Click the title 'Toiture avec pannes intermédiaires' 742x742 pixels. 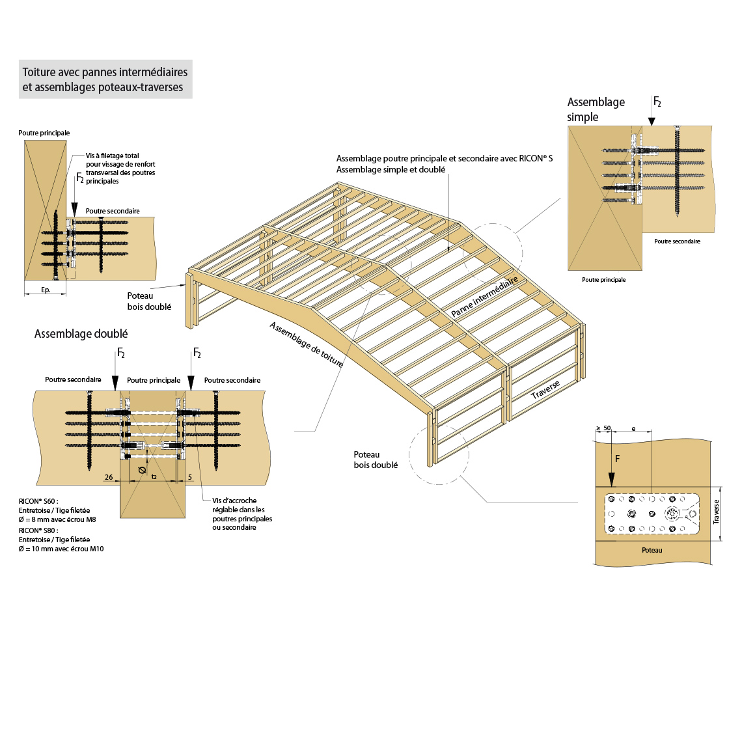click(x=105, y=72)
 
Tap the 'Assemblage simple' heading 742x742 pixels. click(x=596, y=109)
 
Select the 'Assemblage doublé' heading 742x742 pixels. click(x=81, y=334)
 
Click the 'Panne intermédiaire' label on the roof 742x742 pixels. click(x=484, y=296)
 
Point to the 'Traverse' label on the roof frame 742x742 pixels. click(x=545, y=389)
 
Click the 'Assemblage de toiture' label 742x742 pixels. click(x=307, y=344)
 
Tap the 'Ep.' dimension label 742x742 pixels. click(x=46, y=290)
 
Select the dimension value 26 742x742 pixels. click(x=109, y=477)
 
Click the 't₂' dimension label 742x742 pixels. click(x=154, y=477)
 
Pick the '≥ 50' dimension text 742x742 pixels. click(x=603, y=428)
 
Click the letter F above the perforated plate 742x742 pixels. click(x=617, y=459)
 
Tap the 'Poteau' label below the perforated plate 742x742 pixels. click(x=652, y=550)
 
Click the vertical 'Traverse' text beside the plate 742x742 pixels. click(x=716, y=512)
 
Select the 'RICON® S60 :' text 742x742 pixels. click(x=38, y=501)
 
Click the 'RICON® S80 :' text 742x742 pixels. click(x=38, y=530)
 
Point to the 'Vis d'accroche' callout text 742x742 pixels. click(x=234, y=501)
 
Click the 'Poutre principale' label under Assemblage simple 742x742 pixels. click(x=603, y=280)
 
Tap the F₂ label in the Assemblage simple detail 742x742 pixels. click(x=657, y=102)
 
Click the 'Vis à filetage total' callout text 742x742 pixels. click(x=113, y=156)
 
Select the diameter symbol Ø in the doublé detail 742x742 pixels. click(x=142, y=469)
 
